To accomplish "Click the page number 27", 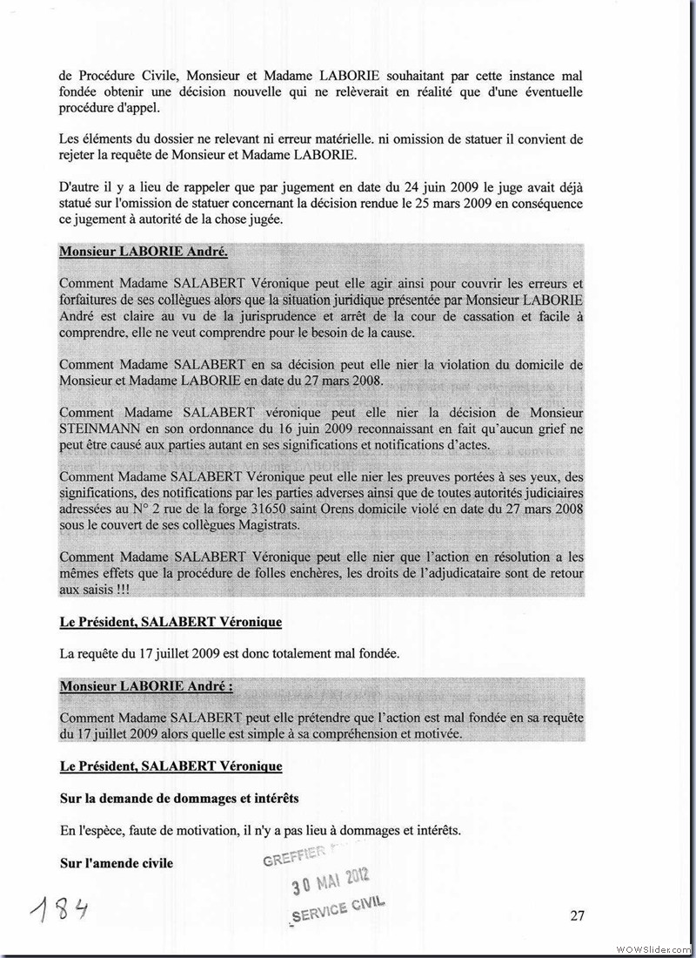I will coord(577,914).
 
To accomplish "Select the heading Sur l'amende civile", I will coord(116,863).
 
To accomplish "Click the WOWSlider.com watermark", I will coord(653,948).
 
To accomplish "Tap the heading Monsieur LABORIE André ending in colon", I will coord(146,686).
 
